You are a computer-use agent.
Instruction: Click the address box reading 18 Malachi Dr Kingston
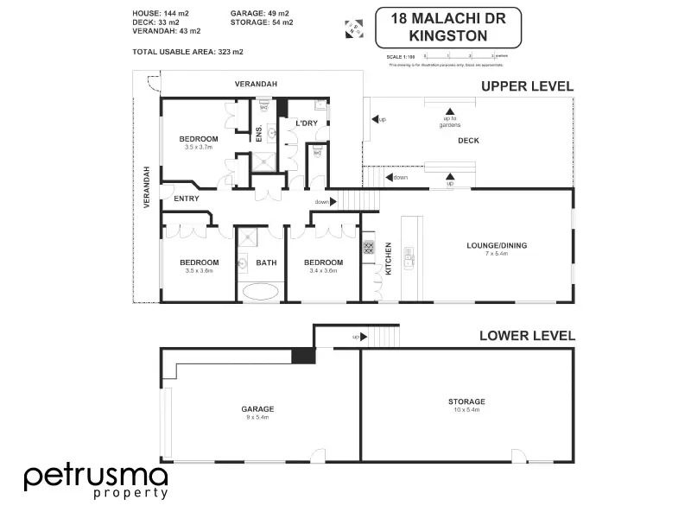(449, 28)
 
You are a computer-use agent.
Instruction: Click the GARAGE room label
(257, 408)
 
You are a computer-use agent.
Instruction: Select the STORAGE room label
(466, 401)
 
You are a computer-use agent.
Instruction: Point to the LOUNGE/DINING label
(497, 245)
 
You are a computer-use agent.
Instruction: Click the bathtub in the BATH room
(261, 290)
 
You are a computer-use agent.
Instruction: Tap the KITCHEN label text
(388, 258)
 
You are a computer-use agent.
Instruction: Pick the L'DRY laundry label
(307, 124)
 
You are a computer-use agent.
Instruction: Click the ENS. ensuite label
(258, 134)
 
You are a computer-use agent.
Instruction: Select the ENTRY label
(187, 199)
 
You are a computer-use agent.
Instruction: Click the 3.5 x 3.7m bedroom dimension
(199, 147)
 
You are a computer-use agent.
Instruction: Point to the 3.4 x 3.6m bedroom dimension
(323, 270)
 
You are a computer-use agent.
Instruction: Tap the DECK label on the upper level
(468, 141)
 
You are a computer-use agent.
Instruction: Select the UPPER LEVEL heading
(527, 85)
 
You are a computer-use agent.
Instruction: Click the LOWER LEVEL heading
(527, 336)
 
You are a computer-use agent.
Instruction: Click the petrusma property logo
(95, 481)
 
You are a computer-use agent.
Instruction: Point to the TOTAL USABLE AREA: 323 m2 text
(187, 52)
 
